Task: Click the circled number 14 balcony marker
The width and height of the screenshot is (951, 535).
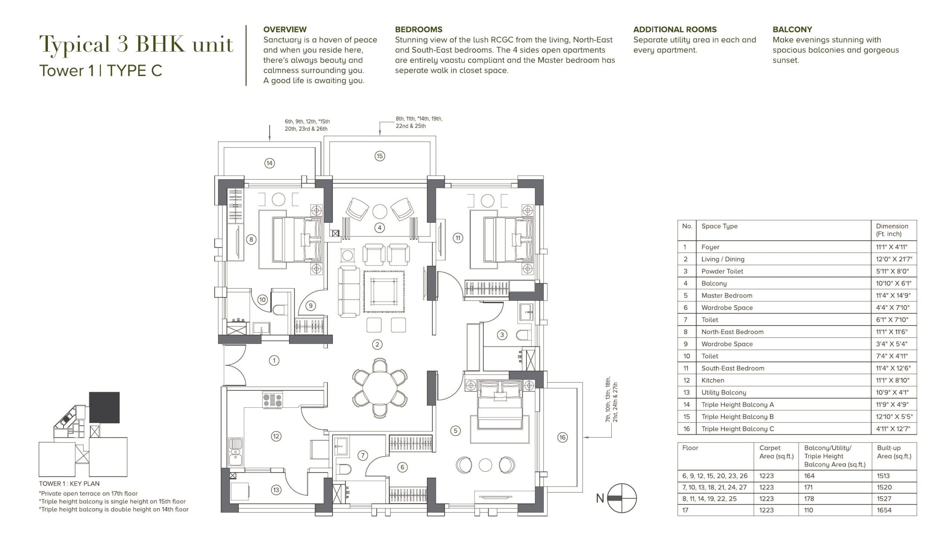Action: (269, 163)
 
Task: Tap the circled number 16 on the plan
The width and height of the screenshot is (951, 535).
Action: (562, 437)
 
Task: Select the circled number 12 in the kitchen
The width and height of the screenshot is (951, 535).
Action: (276, 436)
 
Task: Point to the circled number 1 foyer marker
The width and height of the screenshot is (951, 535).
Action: (274, 360)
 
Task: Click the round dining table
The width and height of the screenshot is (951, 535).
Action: (379, 388)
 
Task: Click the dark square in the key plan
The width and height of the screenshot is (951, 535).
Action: (104, 407)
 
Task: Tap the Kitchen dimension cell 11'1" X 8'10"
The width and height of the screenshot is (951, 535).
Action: (892, 380)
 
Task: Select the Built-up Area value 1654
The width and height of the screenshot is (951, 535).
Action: (884, 510)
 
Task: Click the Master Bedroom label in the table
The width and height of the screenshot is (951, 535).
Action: (727, 296)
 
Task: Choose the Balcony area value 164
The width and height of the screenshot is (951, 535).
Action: (809, 476)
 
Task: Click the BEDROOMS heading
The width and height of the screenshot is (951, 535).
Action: (419, 29)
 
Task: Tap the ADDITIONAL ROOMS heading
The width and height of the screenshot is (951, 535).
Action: (675, 29)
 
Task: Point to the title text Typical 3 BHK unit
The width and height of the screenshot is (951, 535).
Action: (136, 45)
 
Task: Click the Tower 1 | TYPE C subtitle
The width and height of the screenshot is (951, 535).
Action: (101, 71)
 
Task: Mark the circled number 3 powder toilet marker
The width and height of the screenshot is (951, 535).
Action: (502, 335)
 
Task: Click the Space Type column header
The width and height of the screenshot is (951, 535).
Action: (719, 226)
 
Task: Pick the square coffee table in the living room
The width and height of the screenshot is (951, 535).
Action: (384, 292)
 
